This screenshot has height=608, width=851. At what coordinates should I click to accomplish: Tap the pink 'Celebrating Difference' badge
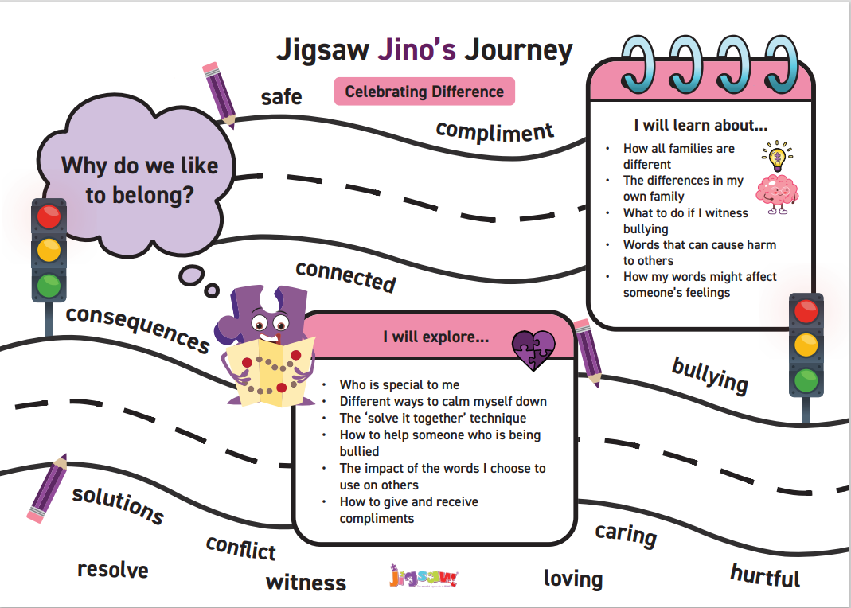(x=424, y=92)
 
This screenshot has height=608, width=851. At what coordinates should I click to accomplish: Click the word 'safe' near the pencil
(x=282, y=97)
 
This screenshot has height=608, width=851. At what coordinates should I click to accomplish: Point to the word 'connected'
(x=345, y=275)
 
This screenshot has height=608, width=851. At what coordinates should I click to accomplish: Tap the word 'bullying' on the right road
(x=710, y=375)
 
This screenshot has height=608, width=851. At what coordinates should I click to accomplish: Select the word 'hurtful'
(x=765, y=575)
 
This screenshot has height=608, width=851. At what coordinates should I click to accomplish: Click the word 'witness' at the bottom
(x=306, y=582)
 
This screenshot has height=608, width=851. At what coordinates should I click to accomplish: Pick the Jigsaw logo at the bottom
(x=424, y=576)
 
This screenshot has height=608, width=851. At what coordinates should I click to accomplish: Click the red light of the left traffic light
(x=49, y=216)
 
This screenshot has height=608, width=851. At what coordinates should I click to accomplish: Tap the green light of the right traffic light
(x=806, y=379)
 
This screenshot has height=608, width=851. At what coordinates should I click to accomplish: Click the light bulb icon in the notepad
(x=775, y=155)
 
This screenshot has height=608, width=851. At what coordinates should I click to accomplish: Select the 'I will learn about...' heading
(x=701, y=126)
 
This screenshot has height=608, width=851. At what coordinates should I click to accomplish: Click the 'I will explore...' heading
(x=435, y=337)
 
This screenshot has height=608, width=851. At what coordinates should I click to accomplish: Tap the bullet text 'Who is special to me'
(x=400, y=384)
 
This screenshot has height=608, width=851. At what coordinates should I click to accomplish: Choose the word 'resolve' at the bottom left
(x=112, y=570)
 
